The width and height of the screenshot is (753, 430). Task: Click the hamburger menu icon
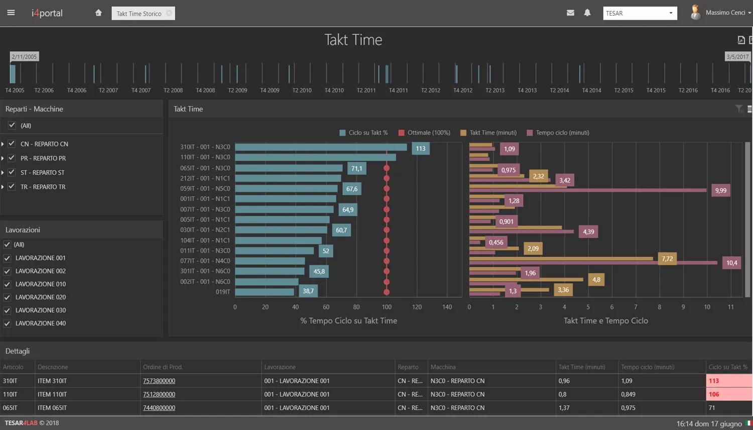[x=11, y=13]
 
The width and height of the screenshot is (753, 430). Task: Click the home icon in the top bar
[x=98, y=13]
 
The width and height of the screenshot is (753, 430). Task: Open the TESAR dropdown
[x=640, y=13]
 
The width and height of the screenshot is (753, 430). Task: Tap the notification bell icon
[x=587, y=13]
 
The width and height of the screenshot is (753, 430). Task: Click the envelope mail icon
[x=570, y=13]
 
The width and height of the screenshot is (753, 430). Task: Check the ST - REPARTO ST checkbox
[x=12, y=172]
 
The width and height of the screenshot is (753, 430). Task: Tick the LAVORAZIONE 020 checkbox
[x=7, y=297]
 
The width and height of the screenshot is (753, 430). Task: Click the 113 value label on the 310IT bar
[x=420, y=149]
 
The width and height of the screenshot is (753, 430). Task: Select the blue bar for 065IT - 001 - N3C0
[x=289, y=168]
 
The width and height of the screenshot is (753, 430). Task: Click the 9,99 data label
[x=720, y=190]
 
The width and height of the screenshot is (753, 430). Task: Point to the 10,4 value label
[x=731, y=263]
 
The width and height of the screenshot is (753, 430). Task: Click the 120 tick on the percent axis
[x=417, y=307]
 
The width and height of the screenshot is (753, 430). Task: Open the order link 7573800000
[x=159, y=381]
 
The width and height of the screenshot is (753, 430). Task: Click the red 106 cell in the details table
[x=728, y=394]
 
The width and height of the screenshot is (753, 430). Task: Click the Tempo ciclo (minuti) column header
[x=648, y=367]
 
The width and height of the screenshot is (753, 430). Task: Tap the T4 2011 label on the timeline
[x=398, y=90]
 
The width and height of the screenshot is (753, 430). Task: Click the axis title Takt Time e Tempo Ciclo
[x=605, y=320]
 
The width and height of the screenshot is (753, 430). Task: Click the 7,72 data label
[x=667, y=259]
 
